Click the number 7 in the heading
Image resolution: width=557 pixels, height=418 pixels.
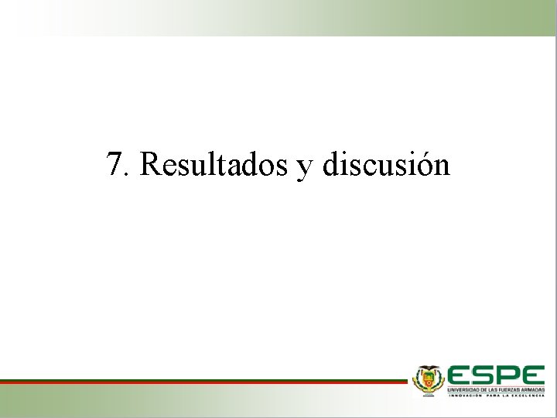[x=114, y=164]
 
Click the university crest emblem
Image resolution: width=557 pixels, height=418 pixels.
[x=427, y=380]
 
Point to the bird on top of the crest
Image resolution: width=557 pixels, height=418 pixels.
[x=427, y=368]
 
